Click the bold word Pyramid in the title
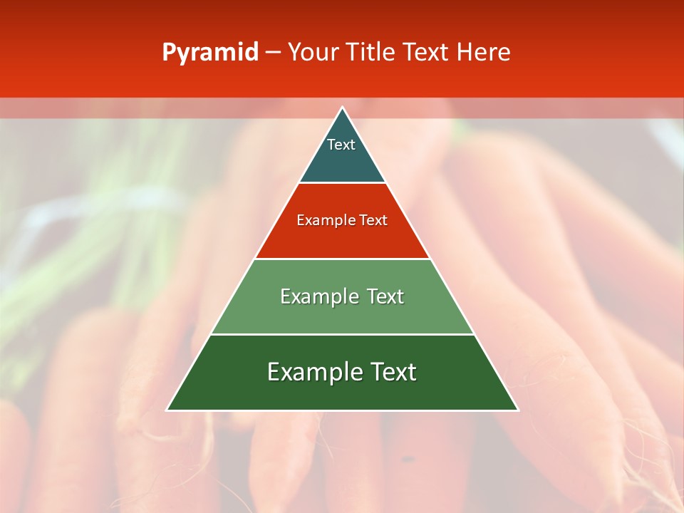210,53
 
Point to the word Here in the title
484,52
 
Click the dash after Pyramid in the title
273,53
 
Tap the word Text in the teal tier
341,145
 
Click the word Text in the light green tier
385,296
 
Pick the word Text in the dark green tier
393,372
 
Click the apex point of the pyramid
342,108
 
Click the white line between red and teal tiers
342,183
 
